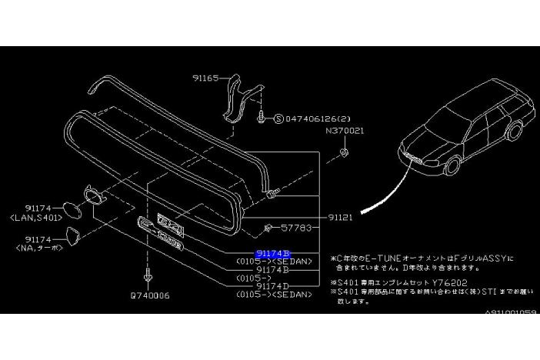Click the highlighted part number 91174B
click(274, 253)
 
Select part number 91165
click(206, 78)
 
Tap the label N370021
click(344, 131)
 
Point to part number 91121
click(337, 217)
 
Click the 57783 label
click(297, 228)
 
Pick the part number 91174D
click(274, 286)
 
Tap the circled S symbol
click(279, 119)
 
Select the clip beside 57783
click(268, 228)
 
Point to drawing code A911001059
click(512, 312)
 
